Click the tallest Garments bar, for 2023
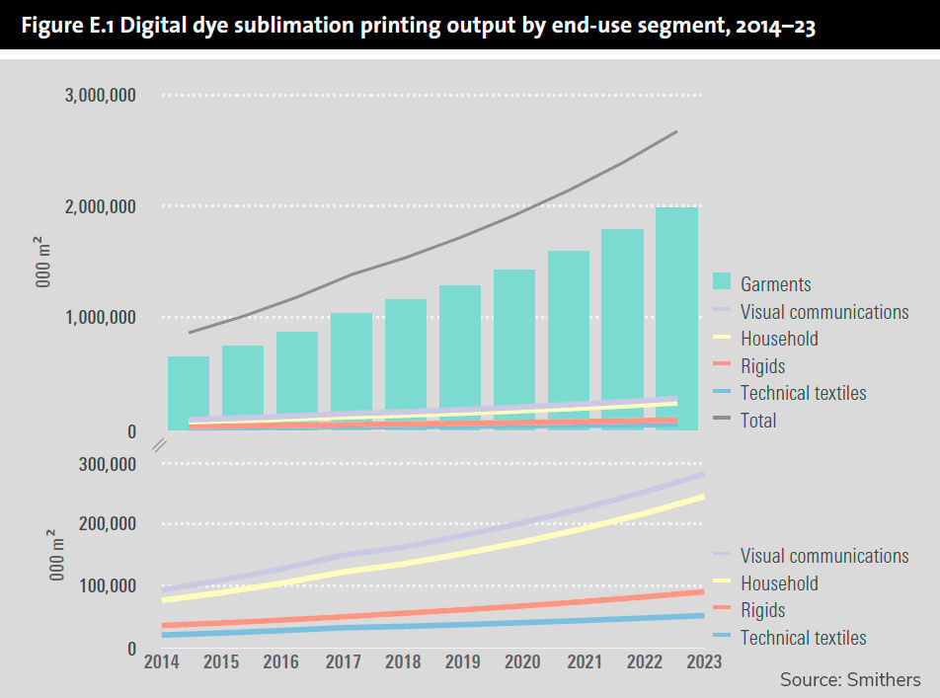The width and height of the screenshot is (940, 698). (676, 316)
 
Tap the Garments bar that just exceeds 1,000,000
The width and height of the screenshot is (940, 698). (351, 370)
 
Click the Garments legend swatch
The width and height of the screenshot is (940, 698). (726, 283)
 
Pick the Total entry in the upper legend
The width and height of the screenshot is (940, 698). (758, 421)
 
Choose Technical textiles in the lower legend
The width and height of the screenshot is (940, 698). (803, 638)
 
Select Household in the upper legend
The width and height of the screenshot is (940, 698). (779, 339)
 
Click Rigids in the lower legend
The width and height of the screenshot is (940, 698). (762, 610)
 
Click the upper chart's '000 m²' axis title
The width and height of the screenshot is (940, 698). (44, 263)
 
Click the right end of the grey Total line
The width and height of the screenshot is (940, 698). (675, 131)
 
